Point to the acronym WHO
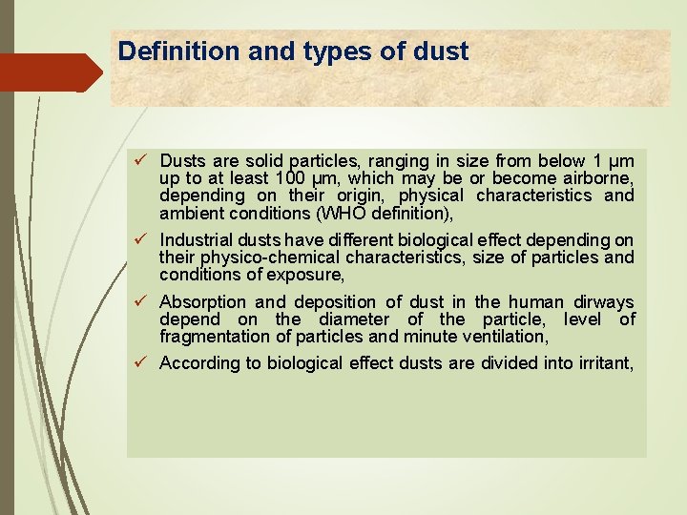(x=325, y=214)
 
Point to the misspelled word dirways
(x=601, y=302)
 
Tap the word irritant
(x=600, y=363)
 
